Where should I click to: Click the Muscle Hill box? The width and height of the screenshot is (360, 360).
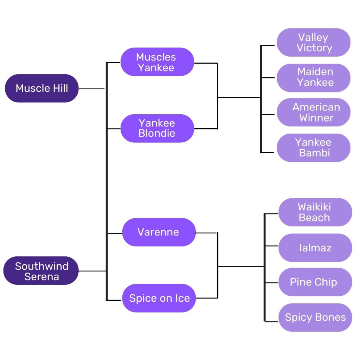(41, 88)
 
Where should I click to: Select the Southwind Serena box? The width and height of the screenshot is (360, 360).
(41, 271)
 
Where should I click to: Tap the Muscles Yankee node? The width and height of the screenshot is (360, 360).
(157, 62)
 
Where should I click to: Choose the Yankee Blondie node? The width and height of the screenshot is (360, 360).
(157, 128)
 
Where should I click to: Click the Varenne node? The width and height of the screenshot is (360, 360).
(159, 232)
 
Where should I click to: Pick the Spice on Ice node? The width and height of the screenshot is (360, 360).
(159, 298)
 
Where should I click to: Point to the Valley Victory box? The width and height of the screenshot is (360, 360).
(313, 43)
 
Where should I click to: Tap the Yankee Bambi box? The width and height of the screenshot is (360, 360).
(313, 147)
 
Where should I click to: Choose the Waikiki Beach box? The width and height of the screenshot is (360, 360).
(315, 212)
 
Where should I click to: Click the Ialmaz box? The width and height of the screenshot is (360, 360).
(315, 247)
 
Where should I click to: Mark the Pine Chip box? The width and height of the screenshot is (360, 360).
(315, 282)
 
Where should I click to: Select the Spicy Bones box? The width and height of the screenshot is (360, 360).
(315, 317)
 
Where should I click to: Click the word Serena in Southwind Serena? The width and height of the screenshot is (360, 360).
(41, 276)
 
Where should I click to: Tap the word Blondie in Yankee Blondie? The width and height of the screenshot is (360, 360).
(157, 134)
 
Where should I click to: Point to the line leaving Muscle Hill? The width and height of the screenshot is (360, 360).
(91, 89)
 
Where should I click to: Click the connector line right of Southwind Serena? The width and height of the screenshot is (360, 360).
(92, 271)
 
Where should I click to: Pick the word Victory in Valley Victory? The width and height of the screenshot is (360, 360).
(314, 48)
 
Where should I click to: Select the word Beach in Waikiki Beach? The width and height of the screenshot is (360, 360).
(314, 218)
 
